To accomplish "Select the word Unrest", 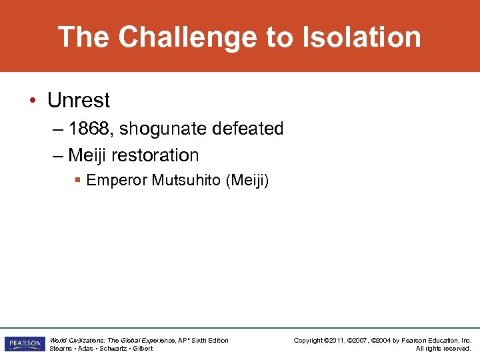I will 79,101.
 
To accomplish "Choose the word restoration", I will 155,155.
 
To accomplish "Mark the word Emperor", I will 117,181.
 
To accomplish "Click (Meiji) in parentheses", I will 247,181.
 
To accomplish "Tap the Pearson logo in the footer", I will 23,344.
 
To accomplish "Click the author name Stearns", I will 61,349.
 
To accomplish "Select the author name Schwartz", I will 113,349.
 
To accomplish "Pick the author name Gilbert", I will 143,349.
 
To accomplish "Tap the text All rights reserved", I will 443,349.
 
